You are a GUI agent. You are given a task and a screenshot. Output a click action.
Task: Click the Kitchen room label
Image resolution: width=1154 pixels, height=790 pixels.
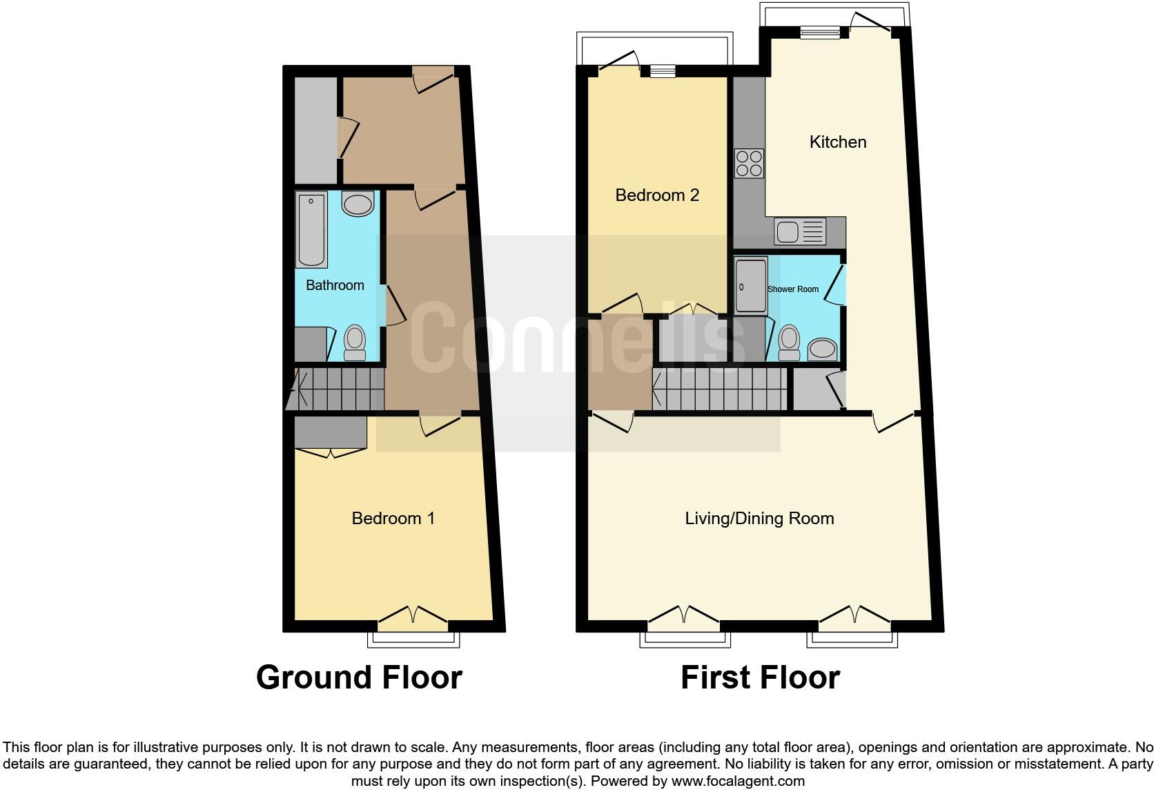pos(837,142)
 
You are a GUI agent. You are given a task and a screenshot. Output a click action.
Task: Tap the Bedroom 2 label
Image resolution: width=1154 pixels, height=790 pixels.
pos(657,195)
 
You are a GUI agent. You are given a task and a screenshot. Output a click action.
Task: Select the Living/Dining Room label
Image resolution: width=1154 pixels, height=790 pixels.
pos(759,519)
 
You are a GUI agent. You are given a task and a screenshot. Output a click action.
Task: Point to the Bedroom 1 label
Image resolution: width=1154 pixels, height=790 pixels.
pos(393,519)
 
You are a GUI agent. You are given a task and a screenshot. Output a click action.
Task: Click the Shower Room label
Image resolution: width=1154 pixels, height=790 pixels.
pos(793,289)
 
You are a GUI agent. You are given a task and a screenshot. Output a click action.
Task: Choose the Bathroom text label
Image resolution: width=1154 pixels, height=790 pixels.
pos(335,285)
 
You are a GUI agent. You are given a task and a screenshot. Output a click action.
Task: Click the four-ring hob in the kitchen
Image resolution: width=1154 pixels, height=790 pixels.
pos(749,164)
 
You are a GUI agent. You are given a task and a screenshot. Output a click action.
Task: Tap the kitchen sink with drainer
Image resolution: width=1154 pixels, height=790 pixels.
pos(800,232)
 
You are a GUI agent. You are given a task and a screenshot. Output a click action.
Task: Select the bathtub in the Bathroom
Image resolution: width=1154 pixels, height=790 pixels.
pos(311,229)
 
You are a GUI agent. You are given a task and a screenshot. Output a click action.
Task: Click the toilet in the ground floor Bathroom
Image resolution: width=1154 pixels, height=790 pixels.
pos(355,343)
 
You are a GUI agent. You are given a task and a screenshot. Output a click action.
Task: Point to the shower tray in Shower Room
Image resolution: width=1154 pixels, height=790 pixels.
pos(750,286)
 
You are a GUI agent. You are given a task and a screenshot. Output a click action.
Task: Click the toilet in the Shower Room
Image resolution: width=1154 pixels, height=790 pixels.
pos(788,343)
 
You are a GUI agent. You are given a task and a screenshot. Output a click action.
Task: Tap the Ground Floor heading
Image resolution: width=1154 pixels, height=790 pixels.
pos(359,677)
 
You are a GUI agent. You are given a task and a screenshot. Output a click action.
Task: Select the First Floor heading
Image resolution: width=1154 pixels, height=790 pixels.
pos(760,677)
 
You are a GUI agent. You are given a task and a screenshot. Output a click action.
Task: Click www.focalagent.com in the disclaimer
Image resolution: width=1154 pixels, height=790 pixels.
pos(738,782)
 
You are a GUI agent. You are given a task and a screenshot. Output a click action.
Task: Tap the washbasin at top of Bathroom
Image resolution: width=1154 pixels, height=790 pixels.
pos(358,204)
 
